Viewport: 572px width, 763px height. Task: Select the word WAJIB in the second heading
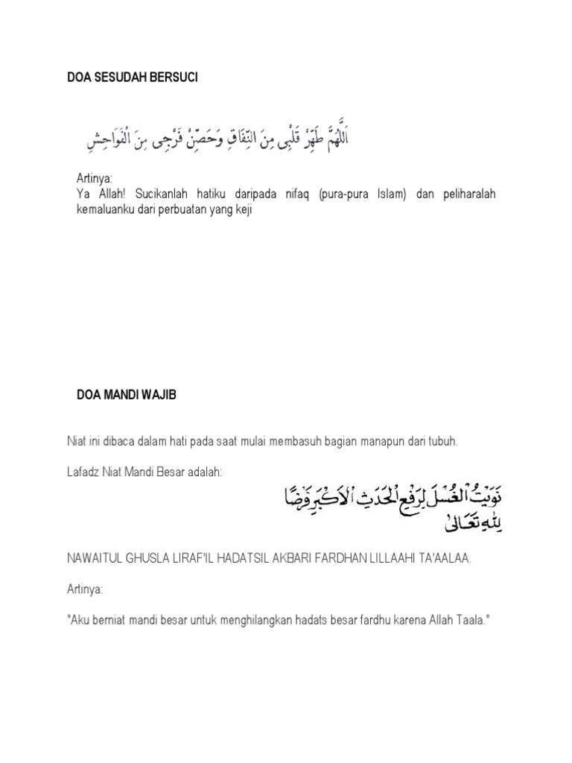pyautogui.click(x=160, y=395)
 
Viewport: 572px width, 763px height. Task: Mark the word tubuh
pyautogui.click(x=442, y=441)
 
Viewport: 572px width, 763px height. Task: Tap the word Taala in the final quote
pyautogui.click(x=466, y=620)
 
